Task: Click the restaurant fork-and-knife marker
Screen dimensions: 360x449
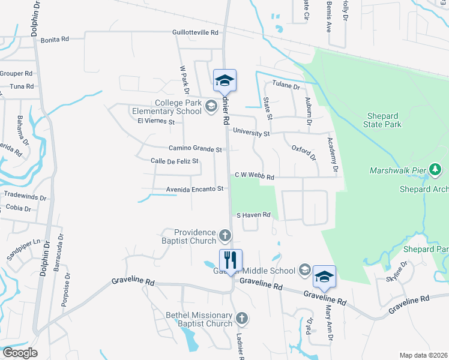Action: tap(231, 260)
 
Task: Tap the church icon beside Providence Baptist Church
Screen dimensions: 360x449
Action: tap(224, 235)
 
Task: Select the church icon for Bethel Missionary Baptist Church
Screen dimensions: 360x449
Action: tap(241, 317)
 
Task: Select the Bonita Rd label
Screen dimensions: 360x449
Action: tap(55, 39)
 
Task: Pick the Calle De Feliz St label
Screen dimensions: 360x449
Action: tap(174, 161)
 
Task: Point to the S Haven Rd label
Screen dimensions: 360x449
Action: tap(254, 215)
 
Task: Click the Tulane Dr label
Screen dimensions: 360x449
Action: tap(286, 86)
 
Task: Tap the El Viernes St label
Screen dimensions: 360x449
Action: tap(155, 121)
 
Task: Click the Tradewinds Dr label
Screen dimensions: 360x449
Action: tap(25, 196)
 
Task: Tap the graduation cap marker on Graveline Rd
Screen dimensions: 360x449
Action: tap(324, 277)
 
